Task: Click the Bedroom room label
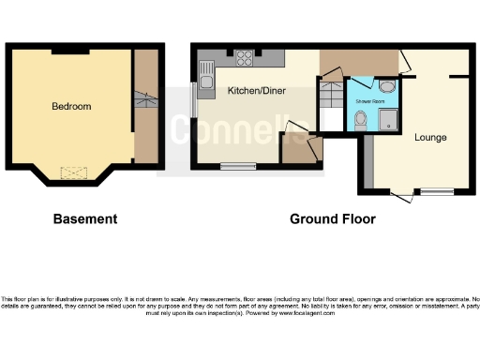pyautogui.click(x=71, y=107)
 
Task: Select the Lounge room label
pyautogui.click(x=430, y=137)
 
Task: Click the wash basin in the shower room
pyautogui.click(x=388, y=87)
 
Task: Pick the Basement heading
pyautogui.click(x=85, y=219)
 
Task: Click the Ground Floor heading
pyautogui.click(x=332, y=219)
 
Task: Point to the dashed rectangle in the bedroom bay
pyautogui.click(x=72, y=173)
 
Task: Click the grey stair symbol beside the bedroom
pyautogui.click(x=144, y=100)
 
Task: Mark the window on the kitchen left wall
pyautogui.click(x=193, y=100)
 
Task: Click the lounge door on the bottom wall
pyautogui.click(x=401, y=194)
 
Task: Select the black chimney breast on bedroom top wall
pyautogui.click(x=71, y=47)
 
